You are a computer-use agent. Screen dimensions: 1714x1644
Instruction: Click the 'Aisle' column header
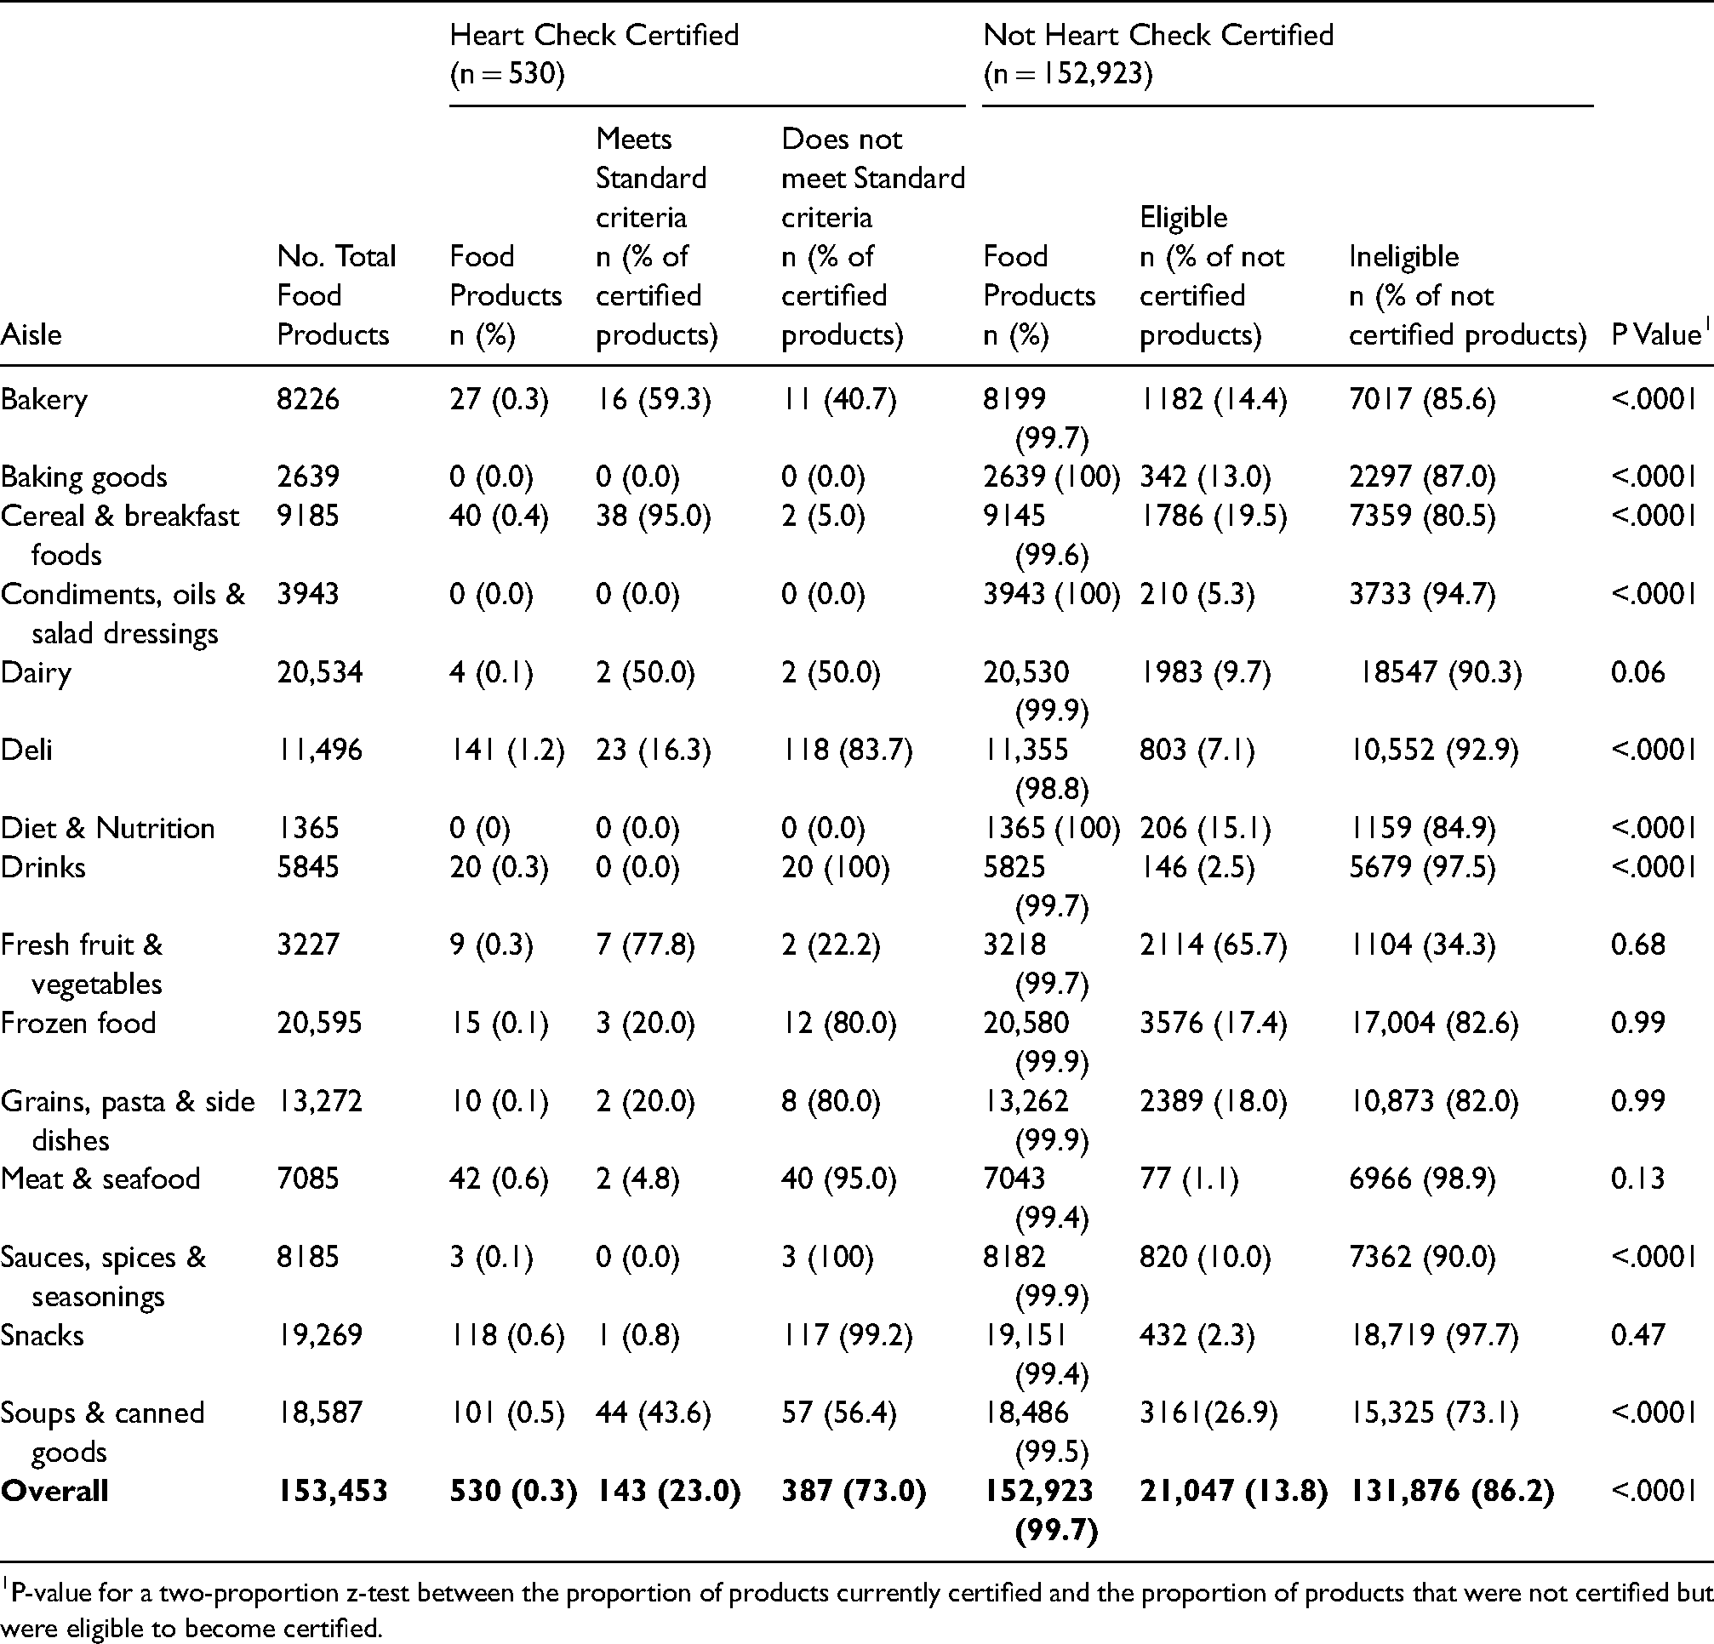(x=31, y=334)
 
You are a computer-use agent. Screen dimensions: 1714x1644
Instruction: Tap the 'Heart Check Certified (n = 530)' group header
(x=594, y=54)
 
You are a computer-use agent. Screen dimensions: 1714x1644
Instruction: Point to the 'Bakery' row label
(x=43, y=400)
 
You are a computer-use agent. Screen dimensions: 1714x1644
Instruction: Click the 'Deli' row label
(x=26, y=750)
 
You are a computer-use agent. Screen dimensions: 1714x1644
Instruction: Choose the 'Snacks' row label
(x=42, y=1335)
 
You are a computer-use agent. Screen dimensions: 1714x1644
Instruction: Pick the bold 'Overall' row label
(x=54, y=1491)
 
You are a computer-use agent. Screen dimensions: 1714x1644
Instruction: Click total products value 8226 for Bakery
(x=308, y=400)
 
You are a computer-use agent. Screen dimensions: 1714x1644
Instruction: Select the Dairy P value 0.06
(x=1638, y=672)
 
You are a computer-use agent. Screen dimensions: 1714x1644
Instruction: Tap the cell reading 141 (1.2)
(x=507, y=751)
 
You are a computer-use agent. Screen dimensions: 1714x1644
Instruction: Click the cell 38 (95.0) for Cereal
(x=654, y=516)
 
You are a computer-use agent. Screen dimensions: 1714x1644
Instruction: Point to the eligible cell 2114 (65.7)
(x=1213, y=945)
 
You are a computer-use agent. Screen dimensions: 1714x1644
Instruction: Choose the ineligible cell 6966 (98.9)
(x=1422, y=1179)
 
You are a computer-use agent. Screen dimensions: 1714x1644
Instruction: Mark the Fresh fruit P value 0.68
(x=1638, y=945)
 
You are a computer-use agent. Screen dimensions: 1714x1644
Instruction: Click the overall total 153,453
(x=332, y=1492)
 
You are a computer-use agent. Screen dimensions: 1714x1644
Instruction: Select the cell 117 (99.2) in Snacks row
(x=847, y=1336)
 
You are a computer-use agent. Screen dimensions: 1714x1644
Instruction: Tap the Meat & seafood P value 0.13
(x=1638, y=1179)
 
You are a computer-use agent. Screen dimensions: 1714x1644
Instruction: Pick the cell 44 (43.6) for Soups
(x=654, y=1414)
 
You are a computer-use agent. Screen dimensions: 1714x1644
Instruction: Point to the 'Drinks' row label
(x=43, y=867)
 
